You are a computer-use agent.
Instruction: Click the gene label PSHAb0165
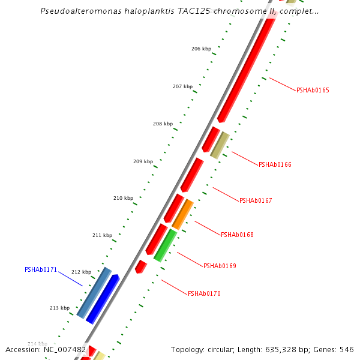pyautogui.click(x=313, y=90)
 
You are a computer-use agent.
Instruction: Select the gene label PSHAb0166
pyautogui.click(x=275, y=164)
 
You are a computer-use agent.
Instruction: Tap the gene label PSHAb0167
pyautogui.click(x=256, y=200)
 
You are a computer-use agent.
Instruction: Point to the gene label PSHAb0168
pyautogui.click(x=237, y=235)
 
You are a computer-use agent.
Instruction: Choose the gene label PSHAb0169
pyautogui.click(x=220, y=266)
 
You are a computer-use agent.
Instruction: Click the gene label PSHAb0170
pyautogui.click(x=204, y=293)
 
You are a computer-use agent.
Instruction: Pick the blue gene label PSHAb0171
pyautogui.click(x=41, y=270)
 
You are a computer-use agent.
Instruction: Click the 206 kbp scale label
pyautogui.click(x=202, y=49)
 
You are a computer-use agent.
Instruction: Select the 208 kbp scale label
pyautogui.click(x=163, y=124)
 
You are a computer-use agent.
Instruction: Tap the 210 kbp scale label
pyautogui.click(x=123, y=198)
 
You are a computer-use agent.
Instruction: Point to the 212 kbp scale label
pyautogui.click(x=81, y=272)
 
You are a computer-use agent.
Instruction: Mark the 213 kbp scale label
pyautogui.click(x=59, y=308)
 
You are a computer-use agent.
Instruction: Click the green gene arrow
pyautogui.click(x=165, y=245)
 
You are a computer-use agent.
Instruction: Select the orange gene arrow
pyautogui.click(x=183, y=214)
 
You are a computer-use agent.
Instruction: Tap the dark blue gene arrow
pyautogui.click(x=103, y=299)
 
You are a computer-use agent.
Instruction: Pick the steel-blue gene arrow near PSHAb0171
pyautogui.click(x=94, y=292)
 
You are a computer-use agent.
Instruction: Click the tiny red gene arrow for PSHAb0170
pyautogui.click(x=141, y=266)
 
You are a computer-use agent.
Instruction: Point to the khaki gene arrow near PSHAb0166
pyautogui.click(x=220, y=145)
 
